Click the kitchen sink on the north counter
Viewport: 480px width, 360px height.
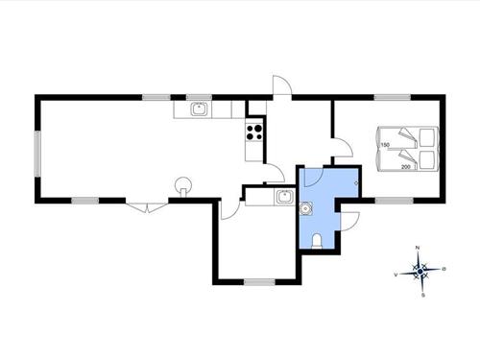(x=199, y=109)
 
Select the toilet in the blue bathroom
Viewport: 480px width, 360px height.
(x=317, y=239)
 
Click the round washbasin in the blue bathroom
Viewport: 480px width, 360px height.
(x=307, y=206)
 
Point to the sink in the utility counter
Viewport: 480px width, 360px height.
(x=283, y=197)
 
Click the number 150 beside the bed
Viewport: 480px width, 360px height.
(x=385, y=145)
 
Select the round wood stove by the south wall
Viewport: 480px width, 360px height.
(x=182, y=186)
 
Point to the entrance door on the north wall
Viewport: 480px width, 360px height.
(x=280, y=88)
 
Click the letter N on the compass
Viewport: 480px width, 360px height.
(x=419, y=249)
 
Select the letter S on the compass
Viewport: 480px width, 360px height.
(x=421, y=296)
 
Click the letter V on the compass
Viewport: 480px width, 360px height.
(x=396, y=274)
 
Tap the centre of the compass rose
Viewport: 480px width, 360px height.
(x=420, y=272)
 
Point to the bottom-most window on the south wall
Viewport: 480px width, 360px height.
(x=258, y=281)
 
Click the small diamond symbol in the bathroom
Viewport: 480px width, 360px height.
(x=356, y=183)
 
